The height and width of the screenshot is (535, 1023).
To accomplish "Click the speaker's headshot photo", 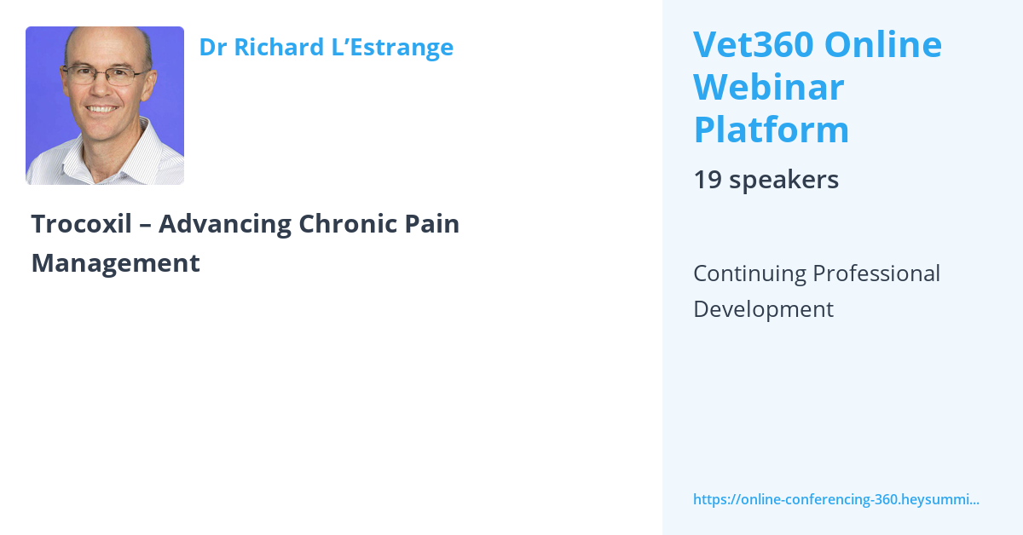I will (105, 106).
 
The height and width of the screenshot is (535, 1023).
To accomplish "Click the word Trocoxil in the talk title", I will (81, 224).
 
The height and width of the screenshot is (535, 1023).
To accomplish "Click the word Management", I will (115, 263).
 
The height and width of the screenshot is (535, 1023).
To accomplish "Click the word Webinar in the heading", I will (768, 87).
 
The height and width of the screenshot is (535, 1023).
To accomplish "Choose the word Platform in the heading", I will (771, 129).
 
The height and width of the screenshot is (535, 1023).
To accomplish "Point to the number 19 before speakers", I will (707, 180).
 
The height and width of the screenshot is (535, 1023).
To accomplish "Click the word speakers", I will (784, 180).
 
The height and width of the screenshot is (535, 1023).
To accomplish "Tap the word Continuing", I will (749, 273).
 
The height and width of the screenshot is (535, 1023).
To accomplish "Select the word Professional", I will (877, 273).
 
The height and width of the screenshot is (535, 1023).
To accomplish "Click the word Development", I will (763, 309).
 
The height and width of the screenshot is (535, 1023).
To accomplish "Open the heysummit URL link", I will (835, 499).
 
